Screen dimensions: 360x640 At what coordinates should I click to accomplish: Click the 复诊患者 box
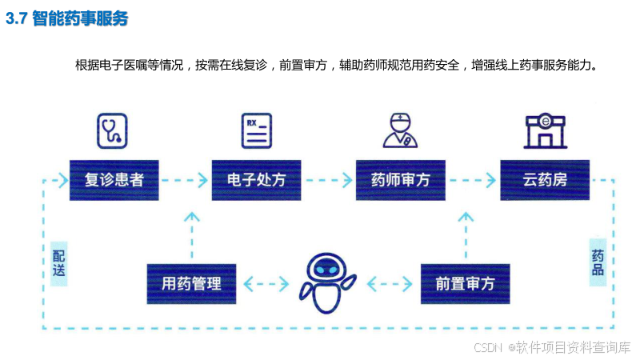pos(114,180)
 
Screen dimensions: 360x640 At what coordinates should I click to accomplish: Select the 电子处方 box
pos(257,180)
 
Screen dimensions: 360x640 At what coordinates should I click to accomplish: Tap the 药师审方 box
pos(401,180)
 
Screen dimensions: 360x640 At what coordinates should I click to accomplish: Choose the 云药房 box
pos(545,180)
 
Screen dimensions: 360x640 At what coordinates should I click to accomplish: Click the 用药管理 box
pos(192,283)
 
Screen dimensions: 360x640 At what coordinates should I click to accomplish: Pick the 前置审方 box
pos(466,283)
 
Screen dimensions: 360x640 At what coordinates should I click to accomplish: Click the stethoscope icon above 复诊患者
pos(112,130)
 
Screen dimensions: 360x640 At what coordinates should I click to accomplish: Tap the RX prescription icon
pos(257,130)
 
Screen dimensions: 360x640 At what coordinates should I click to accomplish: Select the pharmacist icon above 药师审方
pos(400,130)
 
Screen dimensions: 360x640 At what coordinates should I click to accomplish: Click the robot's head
pos(328,270)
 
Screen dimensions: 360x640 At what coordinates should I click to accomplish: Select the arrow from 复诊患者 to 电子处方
pos(185,180)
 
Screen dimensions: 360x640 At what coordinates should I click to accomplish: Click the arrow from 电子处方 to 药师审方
pos(329,180)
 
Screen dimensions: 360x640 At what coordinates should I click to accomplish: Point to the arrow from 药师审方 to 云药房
pos(473,180)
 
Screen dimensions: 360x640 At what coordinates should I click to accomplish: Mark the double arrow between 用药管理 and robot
pos(266,283)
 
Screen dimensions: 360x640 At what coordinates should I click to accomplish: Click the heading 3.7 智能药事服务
pos(67,19)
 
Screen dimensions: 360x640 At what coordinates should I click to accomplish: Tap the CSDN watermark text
pos(551,347)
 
